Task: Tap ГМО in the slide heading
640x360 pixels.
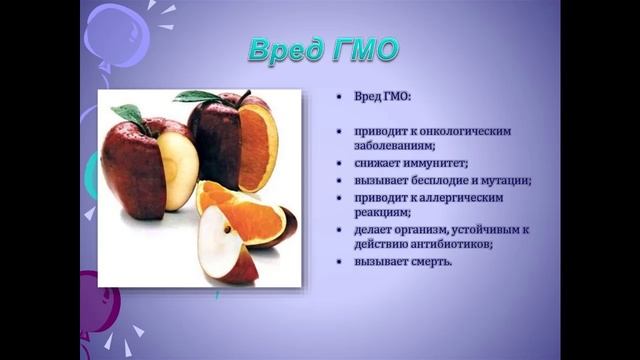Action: tap(362, 49)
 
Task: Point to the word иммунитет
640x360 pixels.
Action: tap(436, 162)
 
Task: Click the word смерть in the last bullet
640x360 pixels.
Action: tap(430, 262)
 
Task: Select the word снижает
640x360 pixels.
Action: tap(377, 162)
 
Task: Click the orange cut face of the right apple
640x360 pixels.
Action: tap(258, 147)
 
